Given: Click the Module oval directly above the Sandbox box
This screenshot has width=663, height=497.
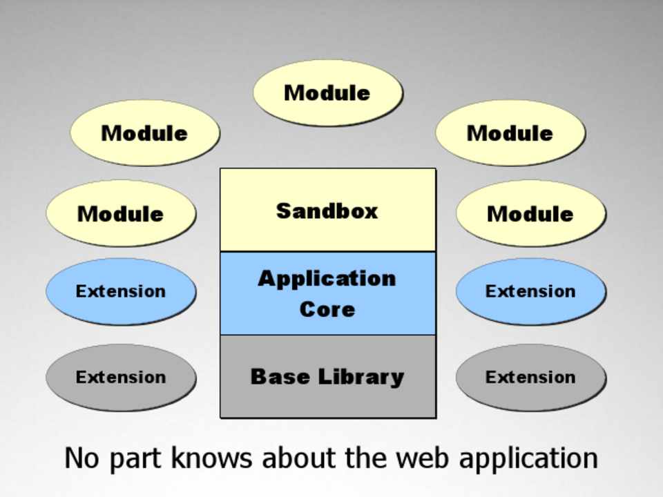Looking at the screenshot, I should pos(327,93).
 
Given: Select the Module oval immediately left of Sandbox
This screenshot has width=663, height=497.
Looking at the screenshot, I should pos(121,213).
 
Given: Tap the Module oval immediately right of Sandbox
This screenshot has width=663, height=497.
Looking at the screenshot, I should pos(530,213).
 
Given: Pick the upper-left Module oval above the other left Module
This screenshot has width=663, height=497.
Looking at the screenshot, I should pos(144,133).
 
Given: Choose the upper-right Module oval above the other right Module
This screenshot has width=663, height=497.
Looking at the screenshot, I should pos(510,133).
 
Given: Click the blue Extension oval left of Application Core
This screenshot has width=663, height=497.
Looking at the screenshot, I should pos(121,291).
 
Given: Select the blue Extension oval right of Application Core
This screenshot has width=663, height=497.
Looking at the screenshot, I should pos(530,291).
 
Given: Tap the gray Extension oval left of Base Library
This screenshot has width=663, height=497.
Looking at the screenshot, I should pos(121,378).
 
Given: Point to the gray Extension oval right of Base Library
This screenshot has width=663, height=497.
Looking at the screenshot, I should pos(530,378).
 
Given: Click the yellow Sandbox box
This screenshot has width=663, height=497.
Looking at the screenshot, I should pos(327,210).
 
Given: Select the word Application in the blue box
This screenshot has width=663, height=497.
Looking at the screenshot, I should pos(327,278).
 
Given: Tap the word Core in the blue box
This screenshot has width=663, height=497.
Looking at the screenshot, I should pos(327,309).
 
